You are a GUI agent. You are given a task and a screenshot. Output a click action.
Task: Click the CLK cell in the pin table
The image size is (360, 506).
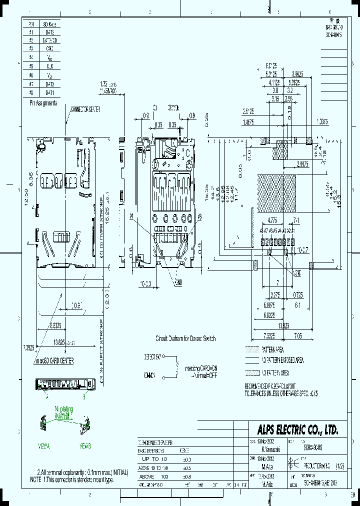point(49,65)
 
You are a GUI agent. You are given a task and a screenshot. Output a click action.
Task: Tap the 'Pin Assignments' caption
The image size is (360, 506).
point(43,103)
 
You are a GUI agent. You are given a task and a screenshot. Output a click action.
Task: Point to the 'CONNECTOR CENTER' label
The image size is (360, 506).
point(86,108)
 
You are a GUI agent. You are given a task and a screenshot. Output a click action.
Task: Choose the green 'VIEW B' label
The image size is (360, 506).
point(84,445)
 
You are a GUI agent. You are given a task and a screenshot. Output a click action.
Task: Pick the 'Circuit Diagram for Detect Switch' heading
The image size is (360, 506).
point(185,338)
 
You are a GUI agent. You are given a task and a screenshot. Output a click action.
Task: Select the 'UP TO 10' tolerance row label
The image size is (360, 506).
point(157,459)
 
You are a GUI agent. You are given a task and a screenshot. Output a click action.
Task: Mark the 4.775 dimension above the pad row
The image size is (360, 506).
point(272,220)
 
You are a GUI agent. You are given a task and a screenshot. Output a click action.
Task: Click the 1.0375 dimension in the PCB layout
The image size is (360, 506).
point(322,121)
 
